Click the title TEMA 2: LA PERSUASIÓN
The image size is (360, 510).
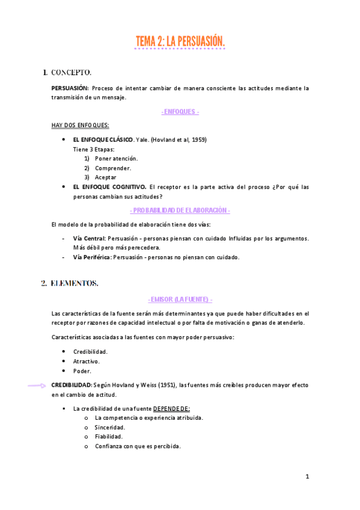click(180, 41)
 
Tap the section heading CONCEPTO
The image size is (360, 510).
click(71, 73)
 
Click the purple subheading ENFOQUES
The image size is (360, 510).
click(180, 112)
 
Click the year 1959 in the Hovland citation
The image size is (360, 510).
click(198, 140)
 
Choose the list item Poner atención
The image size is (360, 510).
click(116, 158)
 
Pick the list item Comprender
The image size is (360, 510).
click(113, 168)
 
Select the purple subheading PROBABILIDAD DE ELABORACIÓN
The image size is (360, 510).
click(180, 210)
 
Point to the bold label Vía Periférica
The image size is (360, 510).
click(92, 257)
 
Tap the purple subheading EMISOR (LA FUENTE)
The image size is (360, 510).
click(180, 299)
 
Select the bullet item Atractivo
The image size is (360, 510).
click(87, 361)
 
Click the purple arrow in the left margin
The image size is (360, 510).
click(38, 386)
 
